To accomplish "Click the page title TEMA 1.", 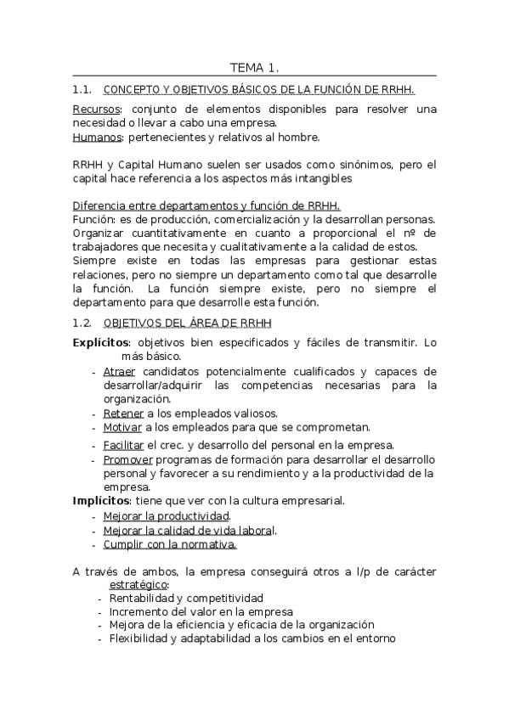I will pos(254,67).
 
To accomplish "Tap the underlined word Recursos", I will pos(96,110).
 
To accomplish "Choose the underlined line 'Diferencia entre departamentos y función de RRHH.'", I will pos(206,205).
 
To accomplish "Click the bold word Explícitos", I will pos(99,342).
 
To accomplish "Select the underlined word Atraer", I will pos(119,372).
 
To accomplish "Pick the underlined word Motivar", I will pos(122,427).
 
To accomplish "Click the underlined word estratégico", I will pos(139,585).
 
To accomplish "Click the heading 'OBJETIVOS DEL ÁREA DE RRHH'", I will pos(186,323).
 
